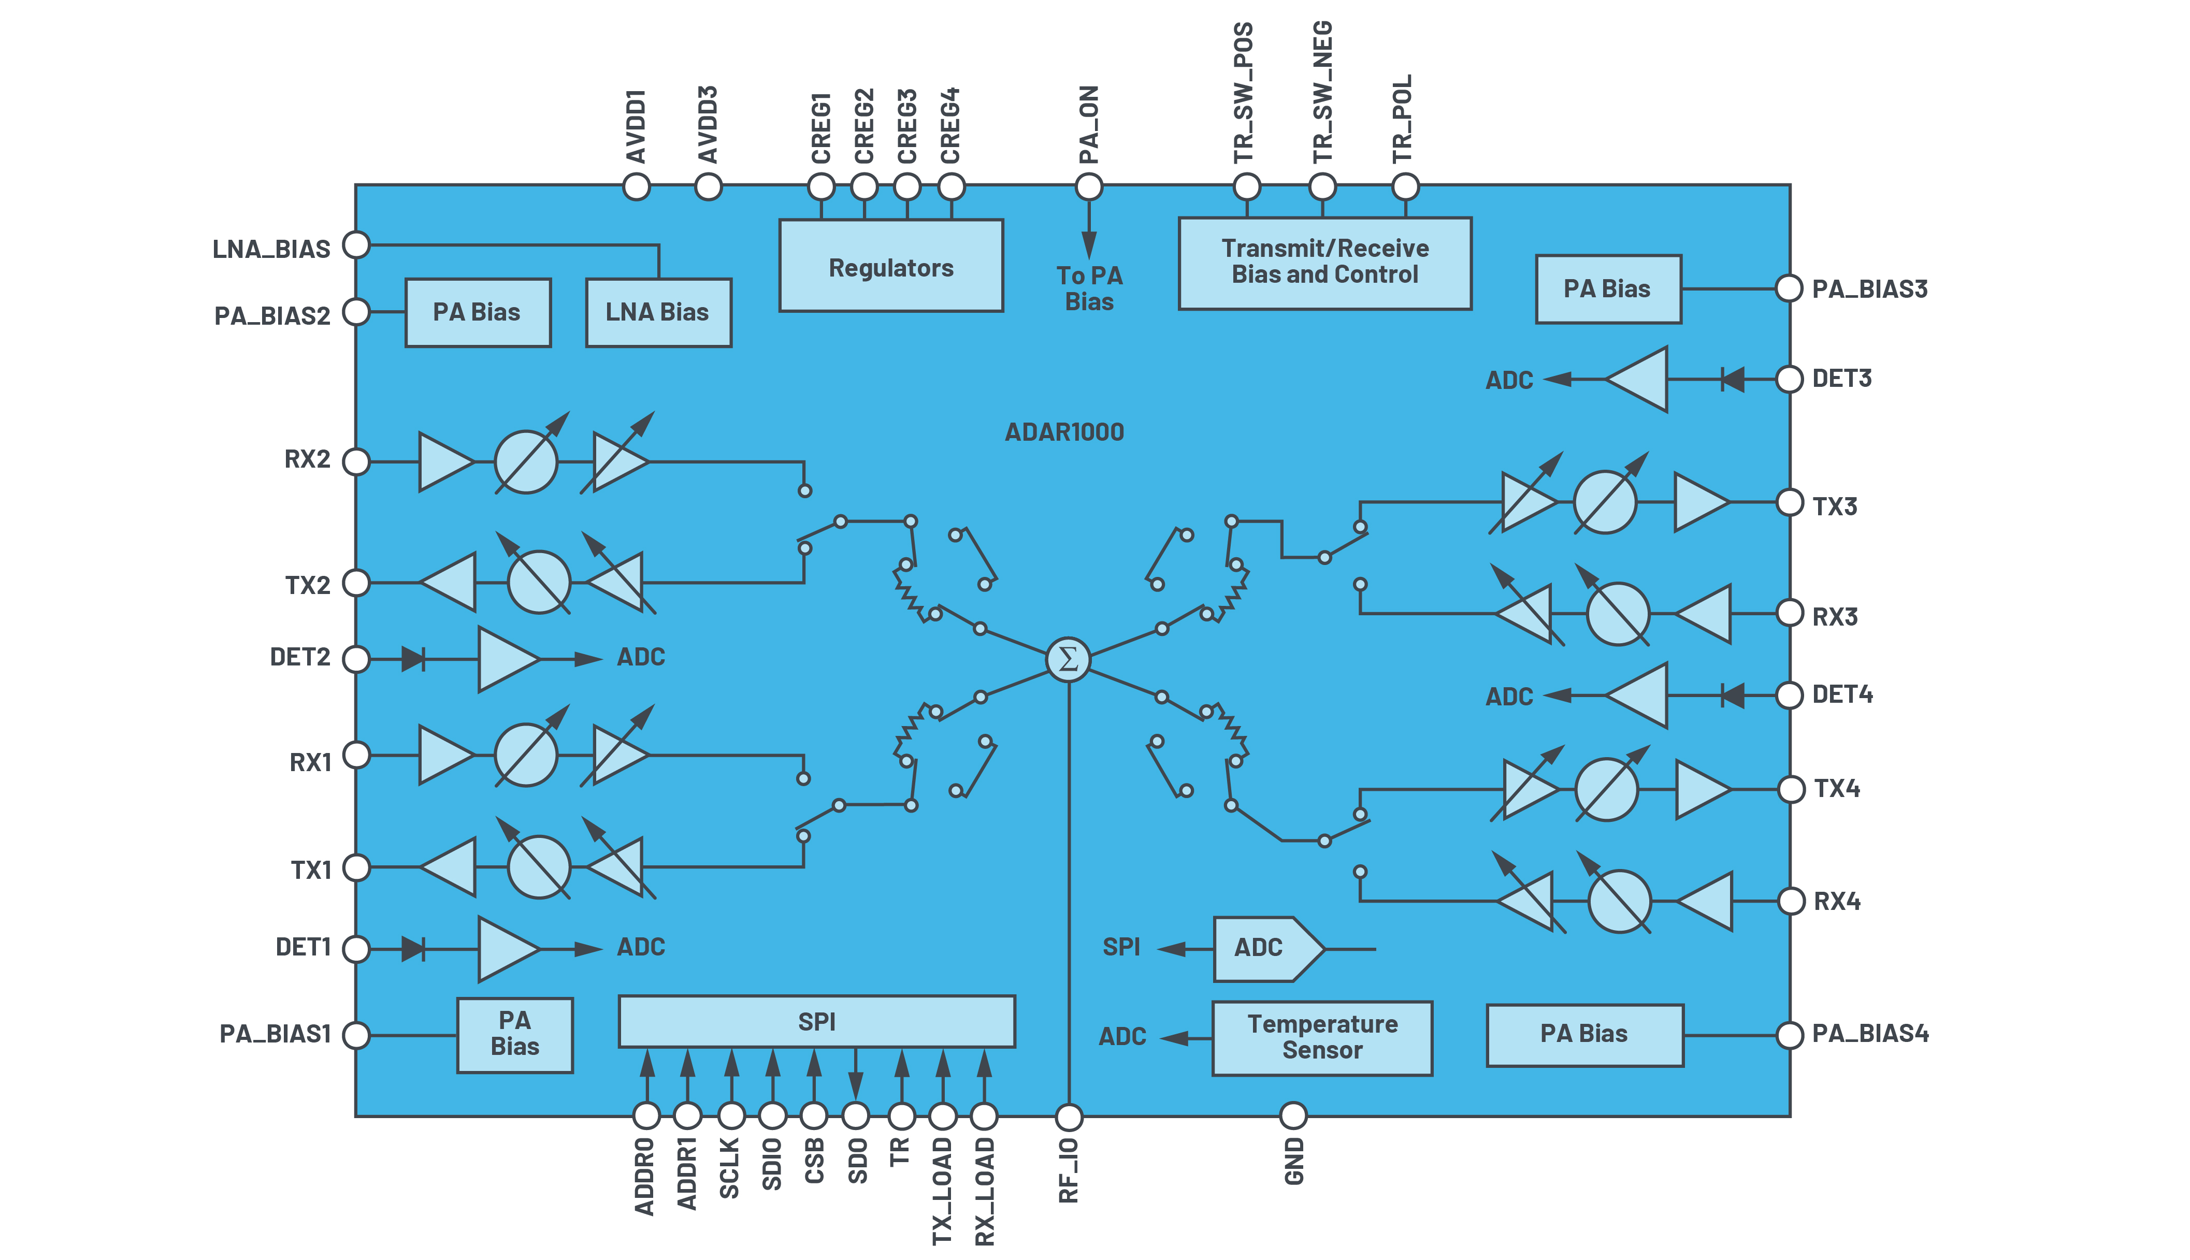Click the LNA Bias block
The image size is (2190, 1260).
point(658,312)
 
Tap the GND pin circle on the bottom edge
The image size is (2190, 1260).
point(1293,1116)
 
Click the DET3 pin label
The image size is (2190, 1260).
point(1841,378)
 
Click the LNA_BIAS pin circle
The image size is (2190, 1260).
point(356,245)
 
